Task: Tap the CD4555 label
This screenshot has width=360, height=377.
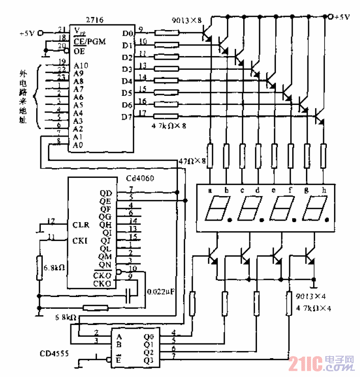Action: tap(55, 354)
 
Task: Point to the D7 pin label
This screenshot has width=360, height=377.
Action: tap(127, 117)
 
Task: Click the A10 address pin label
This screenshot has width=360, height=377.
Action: tap(82, 65)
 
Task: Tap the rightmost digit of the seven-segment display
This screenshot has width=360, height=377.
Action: tap(312, 209)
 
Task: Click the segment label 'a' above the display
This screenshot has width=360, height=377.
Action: tap(210, 190)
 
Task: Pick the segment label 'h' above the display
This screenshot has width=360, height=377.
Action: tap(324, 190)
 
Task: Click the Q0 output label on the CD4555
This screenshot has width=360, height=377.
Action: tap(148, 336)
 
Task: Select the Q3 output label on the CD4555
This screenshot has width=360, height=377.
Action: tap(148, 361)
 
